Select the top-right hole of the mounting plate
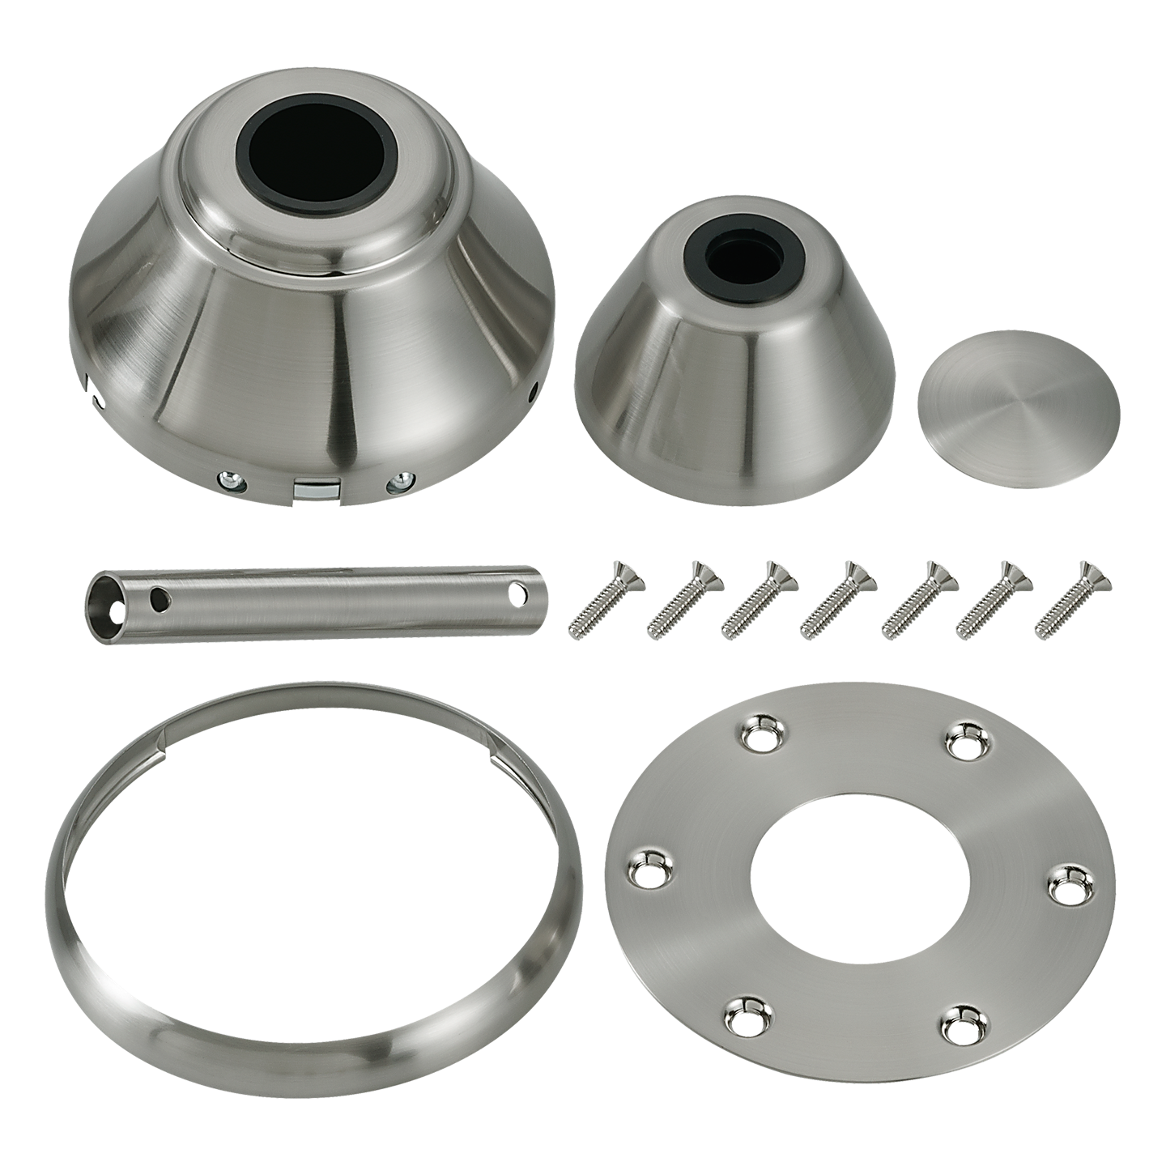[964, 739]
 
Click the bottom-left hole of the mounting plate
[743, 1017]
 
